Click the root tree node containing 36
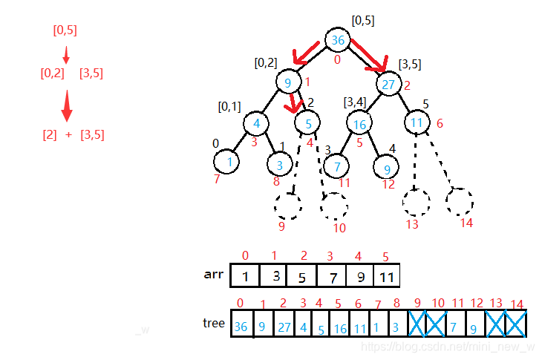point(339,40)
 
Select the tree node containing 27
point(388,84)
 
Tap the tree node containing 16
point(360,124)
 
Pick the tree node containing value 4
point(255,122)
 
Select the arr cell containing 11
point(387,276)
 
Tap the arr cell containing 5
point(301,276)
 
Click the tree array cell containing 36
point(241,326)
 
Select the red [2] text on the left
point(50,134)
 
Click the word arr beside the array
point(213,274)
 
